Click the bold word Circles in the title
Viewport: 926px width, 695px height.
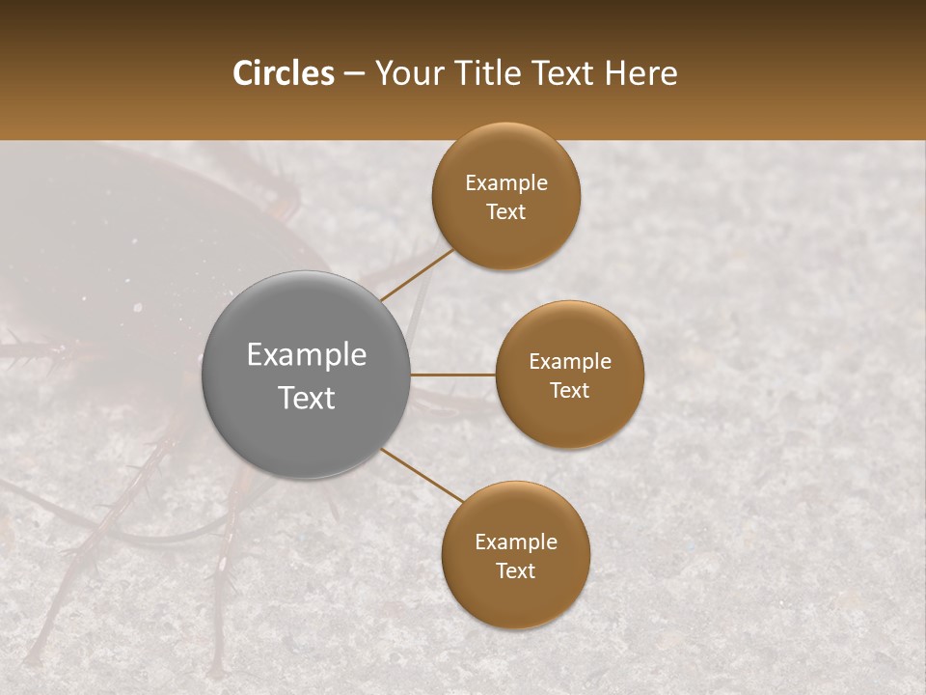tap(283, 73)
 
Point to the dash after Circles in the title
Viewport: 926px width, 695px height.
tap(354, 74)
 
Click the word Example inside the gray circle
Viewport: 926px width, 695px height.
tap(306, 355)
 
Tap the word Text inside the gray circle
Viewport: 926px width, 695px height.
tap(306, 398)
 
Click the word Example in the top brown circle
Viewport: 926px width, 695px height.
tap(505, 183)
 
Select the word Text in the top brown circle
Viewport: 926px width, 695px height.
tap(505, 212)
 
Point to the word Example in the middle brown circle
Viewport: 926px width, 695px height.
tap(569, 362)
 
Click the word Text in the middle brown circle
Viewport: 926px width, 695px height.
tap(569, 391)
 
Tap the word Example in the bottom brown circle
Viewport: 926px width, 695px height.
tap(515, 542)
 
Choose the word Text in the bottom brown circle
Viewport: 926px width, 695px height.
tap(515, 571)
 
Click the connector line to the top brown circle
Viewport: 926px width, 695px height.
tap(417, 275)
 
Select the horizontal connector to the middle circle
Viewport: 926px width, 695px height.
tap(452, 375)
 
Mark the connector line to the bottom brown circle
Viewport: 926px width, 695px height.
tap(422, 475)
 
